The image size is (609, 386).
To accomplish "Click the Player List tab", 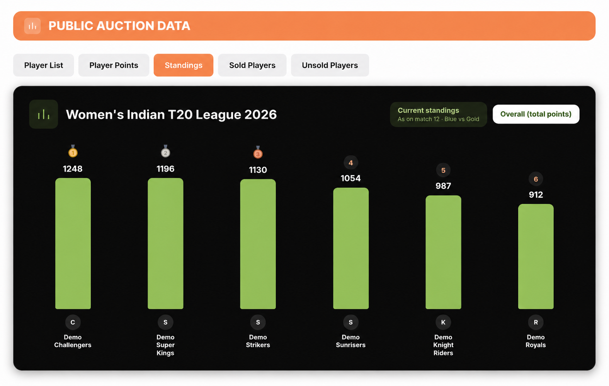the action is tap(44, 65).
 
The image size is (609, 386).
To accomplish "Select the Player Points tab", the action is tap(114, 65).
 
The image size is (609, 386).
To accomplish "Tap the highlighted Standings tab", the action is tap(184, 65).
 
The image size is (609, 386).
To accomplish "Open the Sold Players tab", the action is tap(252, 65).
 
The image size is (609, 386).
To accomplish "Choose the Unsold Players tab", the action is tap(330, 65).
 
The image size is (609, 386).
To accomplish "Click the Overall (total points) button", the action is tap(536, 114).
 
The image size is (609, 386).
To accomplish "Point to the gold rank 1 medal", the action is tap(73, 151).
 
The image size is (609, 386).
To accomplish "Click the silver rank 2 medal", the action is tap(165, 151).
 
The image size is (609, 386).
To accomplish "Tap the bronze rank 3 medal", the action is tap(258, 152).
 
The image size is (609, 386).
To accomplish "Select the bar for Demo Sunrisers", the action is tap(351, 248).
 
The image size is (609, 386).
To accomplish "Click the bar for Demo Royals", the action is tap(536, 256).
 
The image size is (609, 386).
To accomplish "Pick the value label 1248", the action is tap(73, 169).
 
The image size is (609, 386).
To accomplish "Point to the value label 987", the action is tap(443, 186).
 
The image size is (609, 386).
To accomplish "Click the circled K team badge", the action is tap(443, 322).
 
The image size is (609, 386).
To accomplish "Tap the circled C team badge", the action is tap(73, 322).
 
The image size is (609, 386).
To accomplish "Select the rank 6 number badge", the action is tap(536, 179).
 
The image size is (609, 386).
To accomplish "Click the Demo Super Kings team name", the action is tap(165, 345).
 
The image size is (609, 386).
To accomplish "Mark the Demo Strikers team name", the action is tap(258, 341).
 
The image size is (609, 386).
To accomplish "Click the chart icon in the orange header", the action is tap(32, 26).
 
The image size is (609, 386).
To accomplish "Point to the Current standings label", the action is tap(428, 110).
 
